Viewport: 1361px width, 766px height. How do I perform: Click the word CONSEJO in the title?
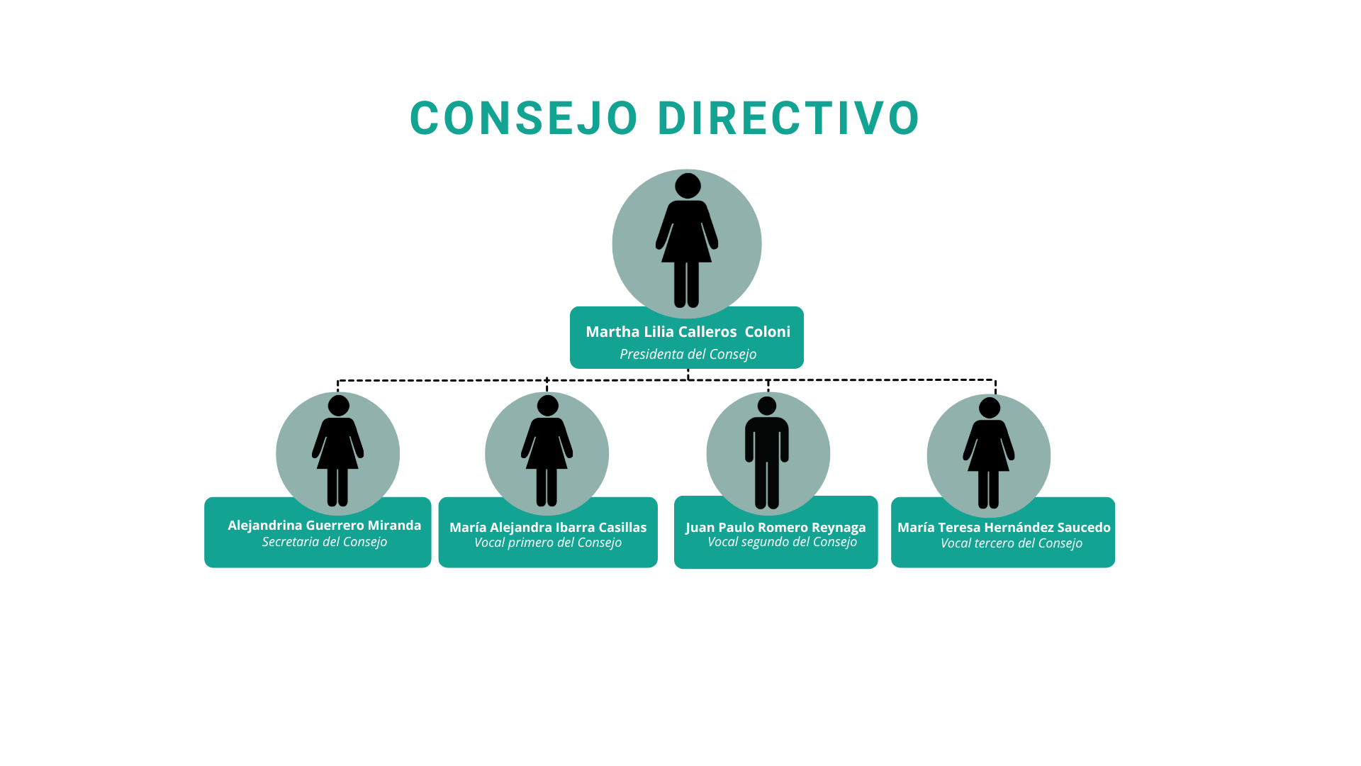click(524, 118)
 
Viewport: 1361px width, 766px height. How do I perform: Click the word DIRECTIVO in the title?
click(788, 118)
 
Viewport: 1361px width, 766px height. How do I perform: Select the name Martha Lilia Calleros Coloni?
click(688, 332)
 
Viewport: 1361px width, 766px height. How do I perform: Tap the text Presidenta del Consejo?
click(688, 354)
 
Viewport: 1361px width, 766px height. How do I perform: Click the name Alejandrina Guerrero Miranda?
click(324, 526)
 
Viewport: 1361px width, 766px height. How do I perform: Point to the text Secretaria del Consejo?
click(324, 542)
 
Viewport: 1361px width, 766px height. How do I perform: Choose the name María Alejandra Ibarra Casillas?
click(547, 528)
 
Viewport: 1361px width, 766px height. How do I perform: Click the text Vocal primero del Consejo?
click(547, 543)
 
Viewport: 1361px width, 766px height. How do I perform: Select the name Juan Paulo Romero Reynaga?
click(775, 528)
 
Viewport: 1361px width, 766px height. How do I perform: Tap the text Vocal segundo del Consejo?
click(782, 542)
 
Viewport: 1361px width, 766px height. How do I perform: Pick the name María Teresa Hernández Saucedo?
click(1004, 528)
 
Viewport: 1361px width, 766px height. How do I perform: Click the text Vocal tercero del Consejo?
click(1011, 543)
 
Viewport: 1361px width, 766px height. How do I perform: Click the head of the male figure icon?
click(767, 406)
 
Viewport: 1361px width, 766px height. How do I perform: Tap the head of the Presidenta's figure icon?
click(688, 186)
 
